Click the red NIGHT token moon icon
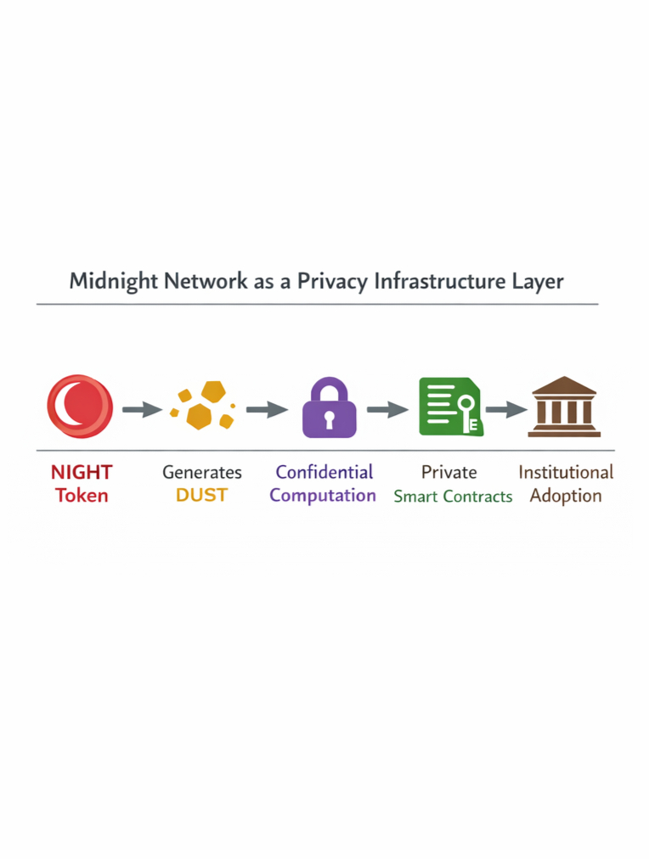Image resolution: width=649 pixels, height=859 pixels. (x=79, y=406)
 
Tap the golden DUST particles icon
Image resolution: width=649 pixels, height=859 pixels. (x=202, y=406)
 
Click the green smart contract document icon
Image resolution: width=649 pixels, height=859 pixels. (x=450, y=407)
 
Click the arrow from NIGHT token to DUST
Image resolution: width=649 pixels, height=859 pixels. (x=142, y=410)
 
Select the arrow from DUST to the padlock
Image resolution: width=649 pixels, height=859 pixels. (x=267, y=410)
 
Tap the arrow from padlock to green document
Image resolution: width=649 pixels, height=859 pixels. (x=387, y=410)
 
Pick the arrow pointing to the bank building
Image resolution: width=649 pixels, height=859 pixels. (x=506, y=410)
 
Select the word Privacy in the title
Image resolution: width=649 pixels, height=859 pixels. (x=332, y=281)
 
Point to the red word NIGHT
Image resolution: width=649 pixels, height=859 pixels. (x=82, y=473)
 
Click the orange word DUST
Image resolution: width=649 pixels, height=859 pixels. (x=202, y=496)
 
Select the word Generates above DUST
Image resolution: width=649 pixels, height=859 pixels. (x=202, y=473)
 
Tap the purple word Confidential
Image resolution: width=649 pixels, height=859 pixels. (x=324, y=472)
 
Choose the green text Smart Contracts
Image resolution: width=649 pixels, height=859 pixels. (x=453, y=497)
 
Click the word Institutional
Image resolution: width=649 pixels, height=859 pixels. (x=566, y=472)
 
